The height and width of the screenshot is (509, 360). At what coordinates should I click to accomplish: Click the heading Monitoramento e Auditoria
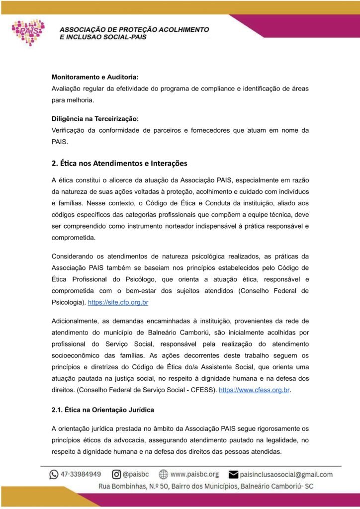coord(95,77)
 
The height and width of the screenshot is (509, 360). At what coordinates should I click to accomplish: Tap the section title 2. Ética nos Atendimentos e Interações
coord(119,163)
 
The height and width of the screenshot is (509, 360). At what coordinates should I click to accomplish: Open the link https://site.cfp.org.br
coord(118,302)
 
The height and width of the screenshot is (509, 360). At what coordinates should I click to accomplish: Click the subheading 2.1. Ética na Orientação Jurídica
coord(103,410)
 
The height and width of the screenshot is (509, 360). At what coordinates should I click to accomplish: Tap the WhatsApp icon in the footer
coord(54,474)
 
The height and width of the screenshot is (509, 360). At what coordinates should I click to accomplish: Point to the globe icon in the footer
coord(163,474)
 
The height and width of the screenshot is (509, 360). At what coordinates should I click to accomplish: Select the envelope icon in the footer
coord(233,474)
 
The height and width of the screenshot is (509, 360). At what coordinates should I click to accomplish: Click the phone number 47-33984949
coord(81,474)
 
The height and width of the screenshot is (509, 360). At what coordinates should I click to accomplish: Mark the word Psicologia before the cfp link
coord(68,302)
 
